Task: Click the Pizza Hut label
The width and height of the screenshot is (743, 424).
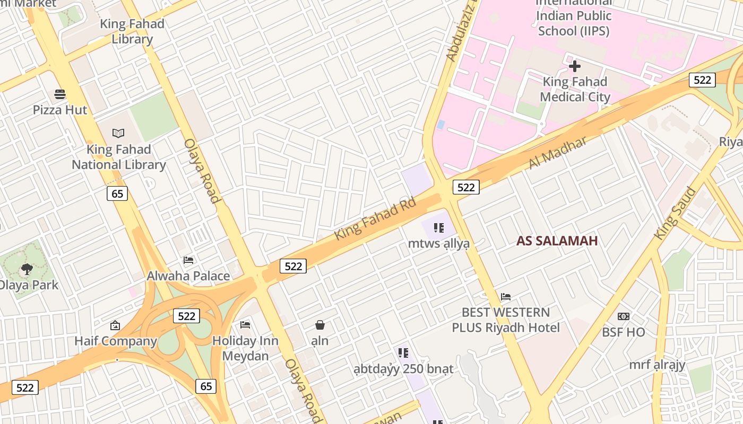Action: click(60, 110)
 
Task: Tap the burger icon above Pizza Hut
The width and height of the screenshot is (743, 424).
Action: click(60, 94)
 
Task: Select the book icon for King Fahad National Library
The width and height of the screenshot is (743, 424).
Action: click(118, 133)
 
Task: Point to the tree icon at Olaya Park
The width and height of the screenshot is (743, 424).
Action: click(27, 269)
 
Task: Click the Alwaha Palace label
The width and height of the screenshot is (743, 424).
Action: click(188, 276)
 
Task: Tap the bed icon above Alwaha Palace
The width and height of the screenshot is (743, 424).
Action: click(188, 260)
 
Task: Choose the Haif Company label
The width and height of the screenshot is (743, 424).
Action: click(115, 341)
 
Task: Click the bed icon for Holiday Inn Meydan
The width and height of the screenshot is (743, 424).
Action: click(245, 324)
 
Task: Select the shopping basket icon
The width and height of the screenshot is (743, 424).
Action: click(320, 325)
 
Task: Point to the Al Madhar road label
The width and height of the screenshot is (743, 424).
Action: click(558, 153)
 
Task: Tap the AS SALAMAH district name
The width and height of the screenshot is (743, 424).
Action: click(557, 241)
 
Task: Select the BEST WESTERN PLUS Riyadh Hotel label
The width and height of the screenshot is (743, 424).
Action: click(506, 320)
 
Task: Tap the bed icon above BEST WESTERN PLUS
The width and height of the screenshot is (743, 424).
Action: click(506, 297)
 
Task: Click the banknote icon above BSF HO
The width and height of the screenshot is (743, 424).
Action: click(624, 316)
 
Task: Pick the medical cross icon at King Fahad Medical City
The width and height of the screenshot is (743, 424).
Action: click(575, 66)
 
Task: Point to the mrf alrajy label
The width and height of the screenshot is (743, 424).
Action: click(657, 365)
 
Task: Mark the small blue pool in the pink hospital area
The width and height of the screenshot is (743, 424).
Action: click(441, 125)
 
